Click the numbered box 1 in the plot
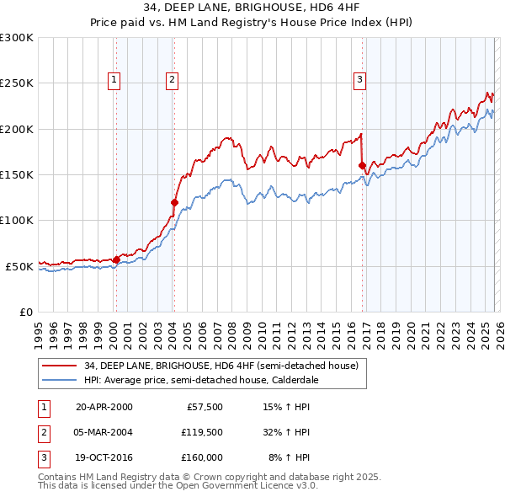pos(114,80)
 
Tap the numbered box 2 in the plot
pos(172,80)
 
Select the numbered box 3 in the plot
pos(359,80)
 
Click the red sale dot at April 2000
pos(116,259)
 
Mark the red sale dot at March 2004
pos(174,202)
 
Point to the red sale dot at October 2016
pos(362,166)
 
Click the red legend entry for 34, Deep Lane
pos(221,366)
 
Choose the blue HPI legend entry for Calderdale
pos(199,380)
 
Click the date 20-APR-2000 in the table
pos(104,408)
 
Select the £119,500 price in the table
pos(202,433)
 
